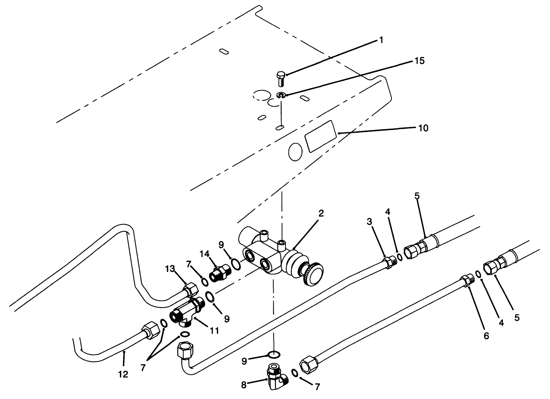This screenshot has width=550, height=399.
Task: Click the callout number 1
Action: [381, 40]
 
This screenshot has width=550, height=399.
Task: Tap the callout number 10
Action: [423, 128]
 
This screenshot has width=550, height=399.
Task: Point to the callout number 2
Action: [321, 213]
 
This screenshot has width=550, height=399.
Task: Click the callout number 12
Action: [123, 374]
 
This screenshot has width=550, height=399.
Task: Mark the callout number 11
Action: [214, 331]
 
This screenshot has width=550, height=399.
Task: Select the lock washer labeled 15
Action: [281, 95]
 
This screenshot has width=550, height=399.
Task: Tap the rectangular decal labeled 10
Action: [321, 136]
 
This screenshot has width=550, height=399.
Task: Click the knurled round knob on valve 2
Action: [312, 276]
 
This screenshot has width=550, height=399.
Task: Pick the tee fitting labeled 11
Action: [187, 312]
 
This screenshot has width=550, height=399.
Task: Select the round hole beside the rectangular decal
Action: [295, 152]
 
